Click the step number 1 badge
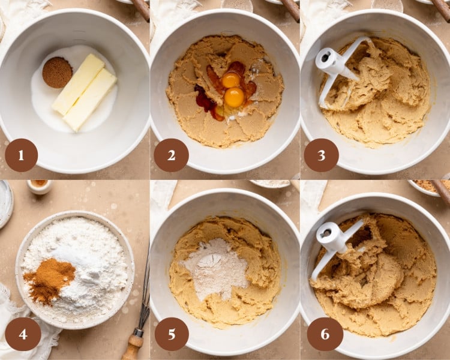(x=21, y=155)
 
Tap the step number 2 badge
(x=171, y=155)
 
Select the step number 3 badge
(x=321, y=155)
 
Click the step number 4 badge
(x=23, y=334)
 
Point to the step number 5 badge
(x=172, y=334)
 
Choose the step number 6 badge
(x=325, y=334)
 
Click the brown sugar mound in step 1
(x=57, y=72)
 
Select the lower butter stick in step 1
(x=91, y=100)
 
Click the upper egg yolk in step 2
(x=231, y=80)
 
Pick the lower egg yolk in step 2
(x=234, y=97)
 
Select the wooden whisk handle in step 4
(x=134, y=344)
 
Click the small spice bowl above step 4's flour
(x=40, y=185)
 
